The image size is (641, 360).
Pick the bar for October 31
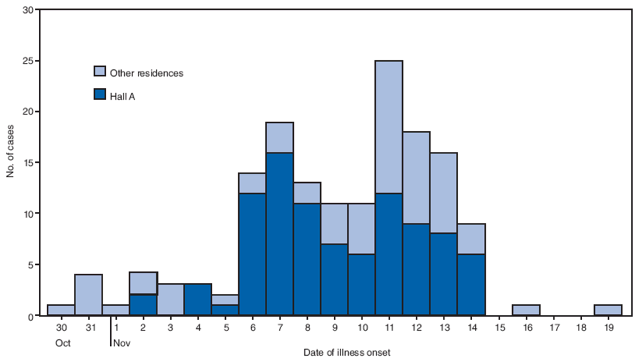88,295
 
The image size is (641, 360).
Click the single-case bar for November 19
608,310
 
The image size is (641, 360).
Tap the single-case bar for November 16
526,310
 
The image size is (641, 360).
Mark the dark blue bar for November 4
198,300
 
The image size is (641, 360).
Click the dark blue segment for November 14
471,285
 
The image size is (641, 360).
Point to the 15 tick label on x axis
498,327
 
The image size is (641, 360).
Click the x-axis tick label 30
61,327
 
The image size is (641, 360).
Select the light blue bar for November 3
170,300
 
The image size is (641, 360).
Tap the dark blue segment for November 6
252,254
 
